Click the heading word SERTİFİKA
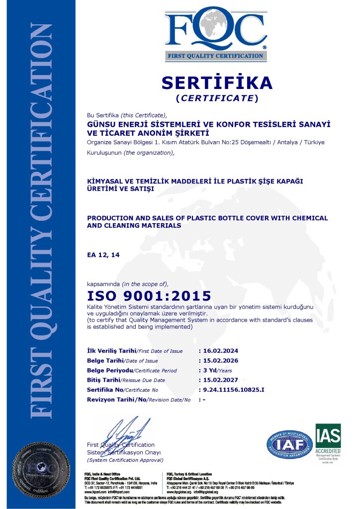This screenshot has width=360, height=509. click(217, 82)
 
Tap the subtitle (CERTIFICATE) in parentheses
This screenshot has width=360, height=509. click(217, 98)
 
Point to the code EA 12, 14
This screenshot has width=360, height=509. click(103, 255)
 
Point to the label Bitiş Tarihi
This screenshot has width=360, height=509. click(104, 380)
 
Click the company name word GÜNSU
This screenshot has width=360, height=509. click(102, 123)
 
